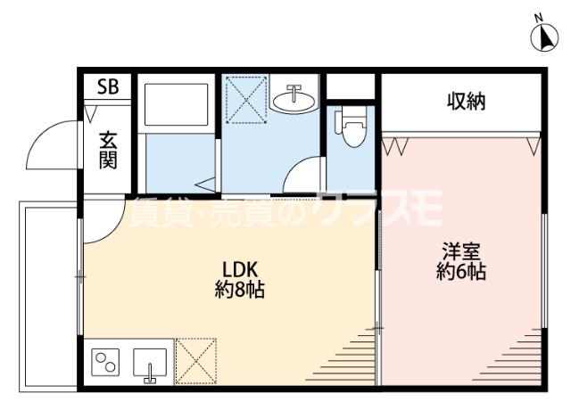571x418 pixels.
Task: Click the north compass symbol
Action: click(544, 37)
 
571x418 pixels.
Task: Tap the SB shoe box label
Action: click(108, 86)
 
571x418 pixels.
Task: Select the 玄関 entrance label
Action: click(108, 151)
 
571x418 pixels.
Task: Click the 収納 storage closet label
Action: click(467, 102)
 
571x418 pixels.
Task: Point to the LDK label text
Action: click(240, 270)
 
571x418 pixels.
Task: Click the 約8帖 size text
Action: click(240, 290)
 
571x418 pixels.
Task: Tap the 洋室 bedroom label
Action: click(461, 251)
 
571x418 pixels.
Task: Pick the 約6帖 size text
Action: click(461, 271)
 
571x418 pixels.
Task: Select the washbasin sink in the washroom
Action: click(294, 98)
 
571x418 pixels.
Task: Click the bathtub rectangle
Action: click(177, 105)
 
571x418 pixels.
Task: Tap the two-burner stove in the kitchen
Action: click(105, 363)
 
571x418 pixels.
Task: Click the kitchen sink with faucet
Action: click(150, 365)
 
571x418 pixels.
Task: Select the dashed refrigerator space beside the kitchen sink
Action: click(196, 361)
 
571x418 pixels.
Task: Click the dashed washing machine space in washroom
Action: click(247, 99)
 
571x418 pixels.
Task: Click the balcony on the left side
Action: click(48, 297)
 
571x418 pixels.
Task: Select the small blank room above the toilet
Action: click(351, 86)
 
